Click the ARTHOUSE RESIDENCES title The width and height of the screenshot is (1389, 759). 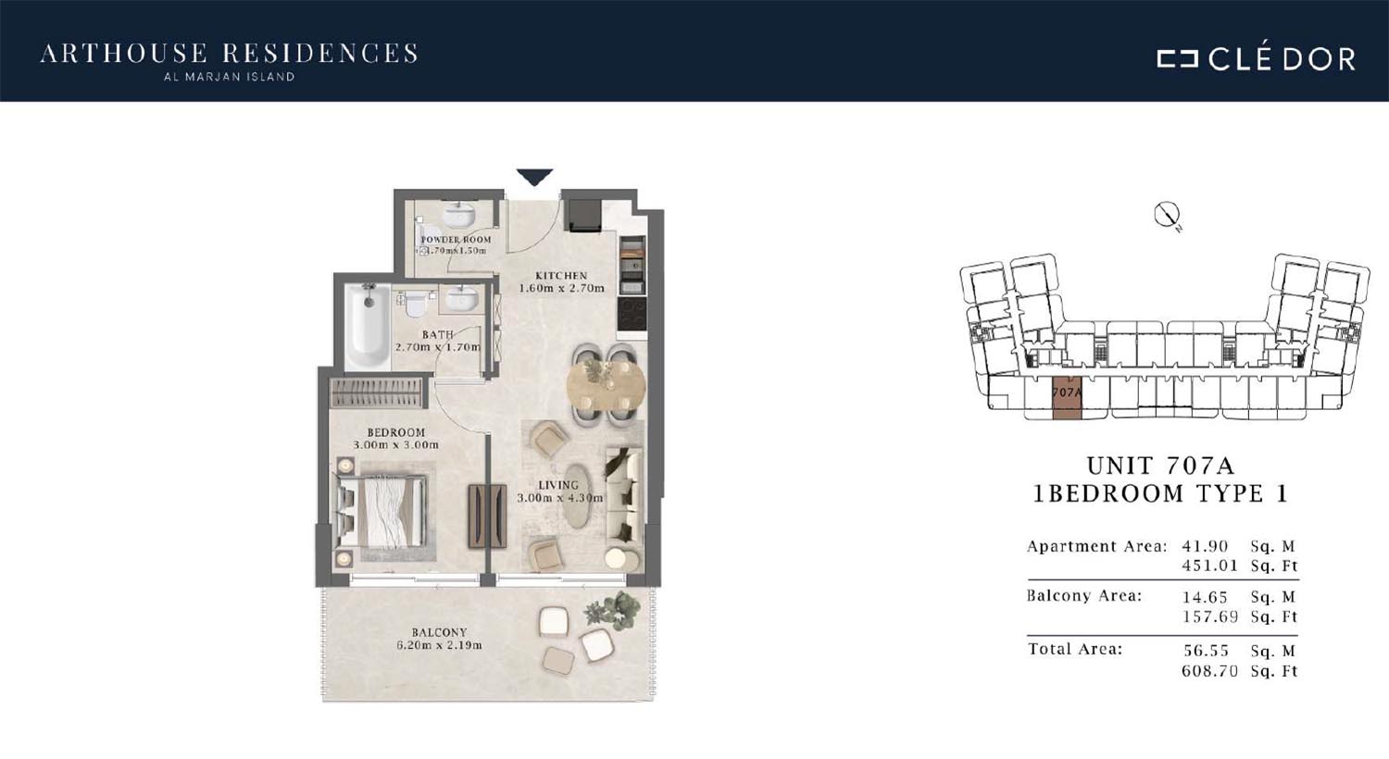coord(230,54)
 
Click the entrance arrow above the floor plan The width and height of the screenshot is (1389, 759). coord(534,177)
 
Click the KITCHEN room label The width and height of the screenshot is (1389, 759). coord(561,276)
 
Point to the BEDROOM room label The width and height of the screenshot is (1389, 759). coord(396,432)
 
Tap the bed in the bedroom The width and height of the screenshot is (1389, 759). coord(382,511)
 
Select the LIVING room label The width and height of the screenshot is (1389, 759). coord(558,485)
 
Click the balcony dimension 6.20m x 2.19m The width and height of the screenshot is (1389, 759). coord(439,646)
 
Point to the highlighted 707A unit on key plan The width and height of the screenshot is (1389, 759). coord(1067,397)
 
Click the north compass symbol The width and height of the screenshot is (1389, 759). coord(1167,215)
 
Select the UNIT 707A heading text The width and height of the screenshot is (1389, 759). coord(1161,466)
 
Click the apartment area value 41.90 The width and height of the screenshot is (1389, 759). coord(1205,546)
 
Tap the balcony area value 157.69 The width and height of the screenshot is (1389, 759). coord(1209,617)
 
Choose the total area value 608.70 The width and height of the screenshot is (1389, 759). coord(1209,671)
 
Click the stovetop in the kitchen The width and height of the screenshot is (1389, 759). coord(632,314)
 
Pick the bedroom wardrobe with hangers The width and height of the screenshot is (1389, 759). coord(376,392)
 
